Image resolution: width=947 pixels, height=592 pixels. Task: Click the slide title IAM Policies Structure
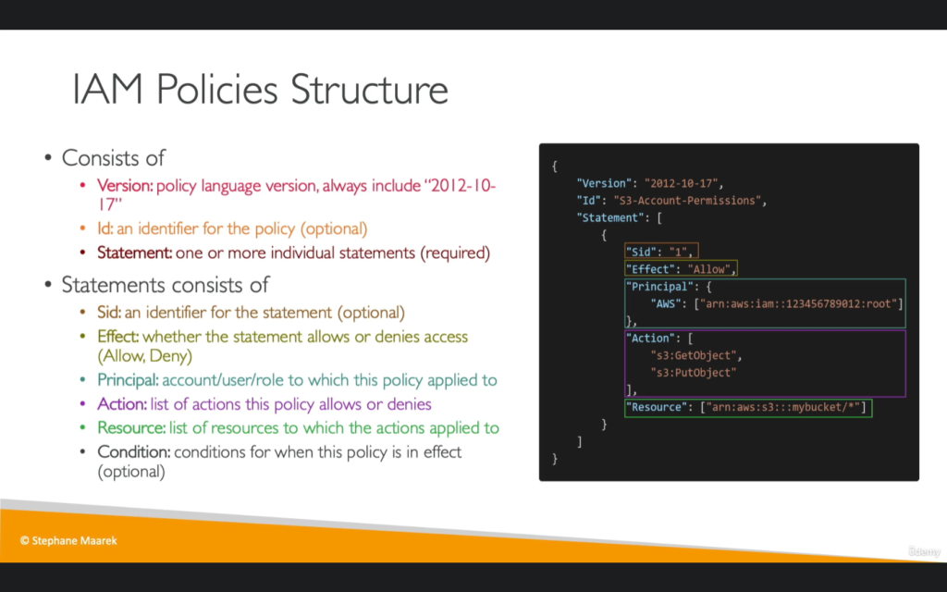coord(260,90)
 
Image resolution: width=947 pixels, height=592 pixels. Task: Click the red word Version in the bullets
coord(125,185)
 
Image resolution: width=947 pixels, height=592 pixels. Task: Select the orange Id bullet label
coord(105,228)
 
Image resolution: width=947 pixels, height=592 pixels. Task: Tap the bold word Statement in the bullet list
coord(135,253)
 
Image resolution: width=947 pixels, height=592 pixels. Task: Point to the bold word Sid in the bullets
coord(109,313)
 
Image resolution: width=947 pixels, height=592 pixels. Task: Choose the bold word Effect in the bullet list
coord(117,337)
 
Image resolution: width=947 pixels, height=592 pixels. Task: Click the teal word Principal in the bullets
coord(128,380)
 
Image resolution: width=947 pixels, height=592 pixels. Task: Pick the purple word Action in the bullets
coord(122,404)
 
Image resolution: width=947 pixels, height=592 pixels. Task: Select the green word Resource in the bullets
coord(131,427)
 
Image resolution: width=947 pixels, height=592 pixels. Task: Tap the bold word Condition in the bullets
coord(133,451)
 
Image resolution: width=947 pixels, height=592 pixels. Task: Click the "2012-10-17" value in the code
coord(681,183)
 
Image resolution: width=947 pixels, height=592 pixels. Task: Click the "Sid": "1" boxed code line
coord(661,251)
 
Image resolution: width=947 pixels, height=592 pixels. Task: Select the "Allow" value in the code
coord(708,269)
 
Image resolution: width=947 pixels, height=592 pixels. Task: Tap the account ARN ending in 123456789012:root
coord(798,303)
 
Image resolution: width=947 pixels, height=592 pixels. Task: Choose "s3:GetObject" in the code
coord(694,355)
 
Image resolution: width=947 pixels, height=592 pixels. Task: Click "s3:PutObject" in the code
coord(694,373)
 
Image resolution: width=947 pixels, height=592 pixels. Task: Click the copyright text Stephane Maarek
coord(68,540)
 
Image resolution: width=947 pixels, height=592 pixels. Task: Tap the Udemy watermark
coord(924,551)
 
